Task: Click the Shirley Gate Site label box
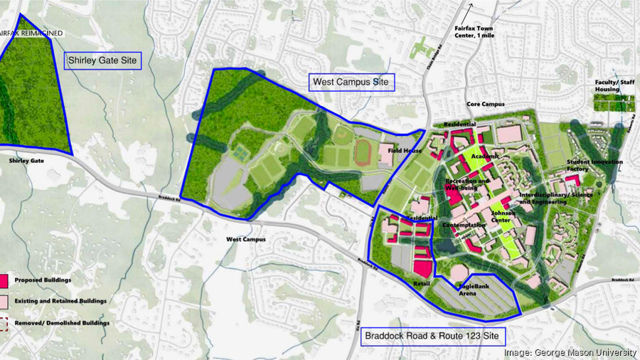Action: (x=104, y=61)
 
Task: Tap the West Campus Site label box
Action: (x=352, y=82)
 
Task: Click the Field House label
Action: (x=410, y=151)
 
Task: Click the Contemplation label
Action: (x=464, y=226)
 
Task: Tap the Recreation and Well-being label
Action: (x=467, y=185)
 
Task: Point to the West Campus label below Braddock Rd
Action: (x=245, y=239)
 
